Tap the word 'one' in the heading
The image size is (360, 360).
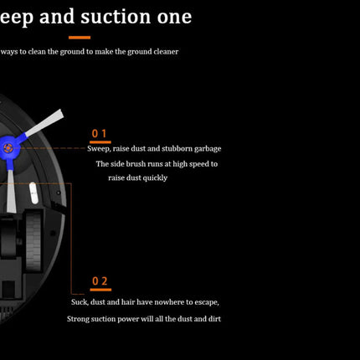tap(174, 18)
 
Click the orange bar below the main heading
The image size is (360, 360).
tap(80, 38)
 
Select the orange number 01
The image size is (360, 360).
tap(100, 134)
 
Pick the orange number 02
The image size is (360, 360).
tap(100, 281)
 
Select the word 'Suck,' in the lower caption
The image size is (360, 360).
tap(80, 302)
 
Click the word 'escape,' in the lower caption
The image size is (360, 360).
tap(207, 302)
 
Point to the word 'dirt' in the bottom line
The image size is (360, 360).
tap(214, 319)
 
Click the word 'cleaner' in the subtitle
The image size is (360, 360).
tap(166, 52)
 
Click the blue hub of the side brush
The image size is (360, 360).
tap(9, 148)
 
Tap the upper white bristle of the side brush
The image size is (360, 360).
tap(44, 122)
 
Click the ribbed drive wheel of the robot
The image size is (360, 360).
tap(33, 242)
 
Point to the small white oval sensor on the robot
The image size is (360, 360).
tap(33, 193)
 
